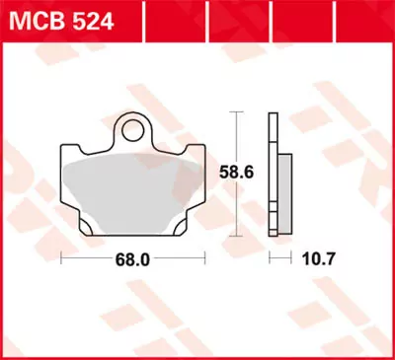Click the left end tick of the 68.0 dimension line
coord(62,258)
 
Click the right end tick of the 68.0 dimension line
coord(204,258)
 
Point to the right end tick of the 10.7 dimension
coord(293,258)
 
